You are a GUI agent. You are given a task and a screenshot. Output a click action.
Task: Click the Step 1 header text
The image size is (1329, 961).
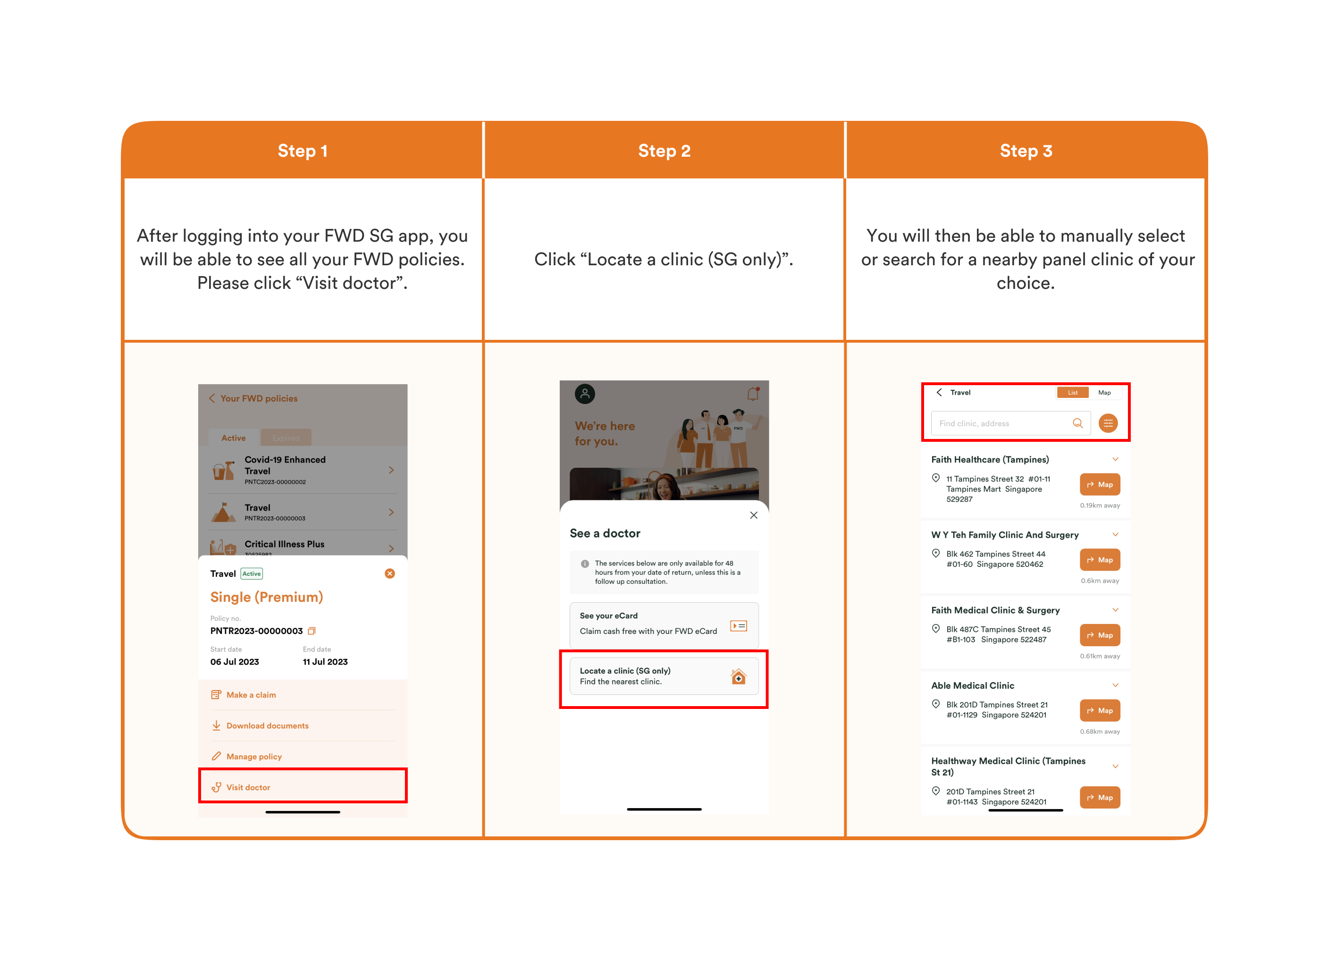(x=303, y=151)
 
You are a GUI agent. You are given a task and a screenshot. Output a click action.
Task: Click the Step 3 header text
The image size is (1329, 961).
(x=1026, y=151)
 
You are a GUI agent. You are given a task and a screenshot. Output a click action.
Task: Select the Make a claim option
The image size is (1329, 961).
(x=251, y=694)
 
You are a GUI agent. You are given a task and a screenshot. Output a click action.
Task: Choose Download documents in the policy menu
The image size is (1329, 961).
(x=267, y=725)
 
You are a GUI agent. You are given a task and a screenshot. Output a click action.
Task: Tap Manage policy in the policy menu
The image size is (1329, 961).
(x=254, y=757)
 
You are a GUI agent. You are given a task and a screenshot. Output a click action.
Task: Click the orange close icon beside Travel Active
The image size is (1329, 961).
(x=390, y=573)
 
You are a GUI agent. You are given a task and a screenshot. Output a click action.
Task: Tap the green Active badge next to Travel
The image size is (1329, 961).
(x=252, y=573)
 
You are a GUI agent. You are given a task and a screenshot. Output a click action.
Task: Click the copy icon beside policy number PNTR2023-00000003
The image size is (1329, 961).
(x=312, y=631)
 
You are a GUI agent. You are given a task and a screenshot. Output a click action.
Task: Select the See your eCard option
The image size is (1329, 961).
(x=664, y=624)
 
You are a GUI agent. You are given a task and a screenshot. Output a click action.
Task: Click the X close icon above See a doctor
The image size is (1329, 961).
(x=754, y=515)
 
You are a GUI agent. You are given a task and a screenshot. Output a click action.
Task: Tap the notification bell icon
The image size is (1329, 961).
(x=753, y=394)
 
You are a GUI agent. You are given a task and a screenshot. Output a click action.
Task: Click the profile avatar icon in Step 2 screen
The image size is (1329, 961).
(x=585, y=394)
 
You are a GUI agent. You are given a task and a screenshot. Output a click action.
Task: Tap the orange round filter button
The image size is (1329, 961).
(x=1108, y=423)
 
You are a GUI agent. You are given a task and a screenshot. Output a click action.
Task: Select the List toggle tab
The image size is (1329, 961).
(x=1072, y=393)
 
